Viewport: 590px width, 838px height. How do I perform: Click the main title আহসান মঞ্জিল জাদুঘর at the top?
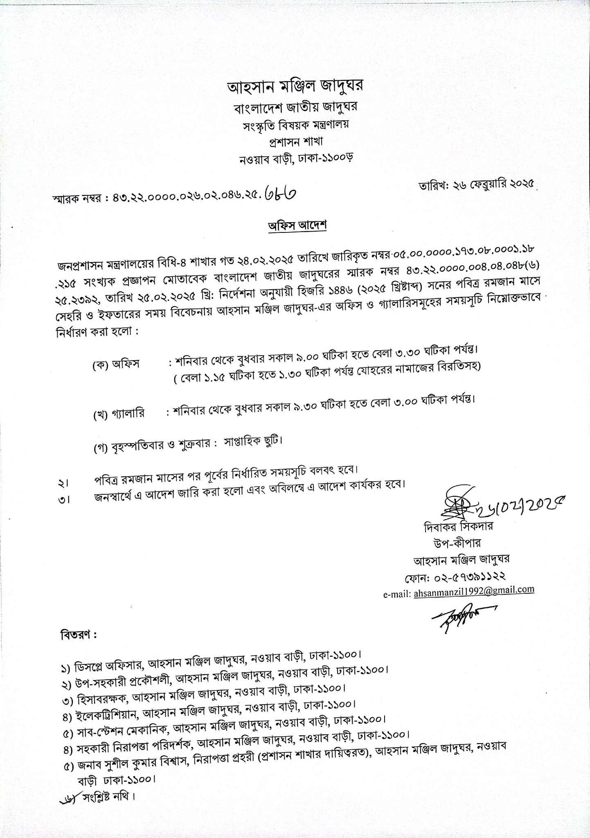click(295, 87)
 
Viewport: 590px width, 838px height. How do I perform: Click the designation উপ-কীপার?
click(458, 543)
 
